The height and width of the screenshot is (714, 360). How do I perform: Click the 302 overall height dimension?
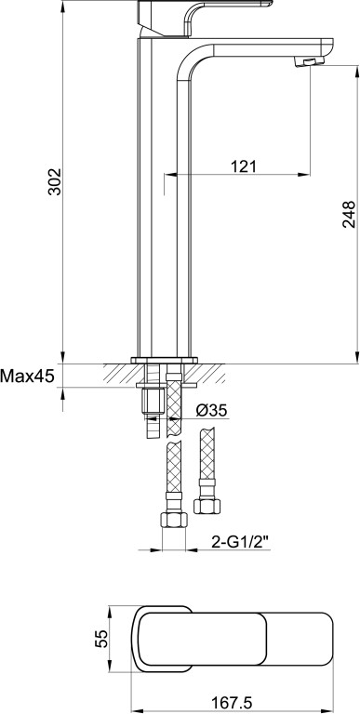click(x=55, y=181)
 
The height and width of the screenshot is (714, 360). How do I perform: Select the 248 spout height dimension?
click(x=349, y=214)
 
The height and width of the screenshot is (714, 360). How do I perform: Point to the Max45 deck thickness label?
click(x=27, y=377)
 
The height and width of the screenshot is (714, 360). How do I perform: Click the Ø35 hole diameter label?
click(x=211, y=410)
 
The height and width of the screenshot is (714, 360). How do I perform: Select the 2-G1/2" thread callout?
click(x=241, y=542)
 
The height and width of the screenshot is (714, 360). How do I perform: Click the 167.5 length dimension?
click(x=233, y=703)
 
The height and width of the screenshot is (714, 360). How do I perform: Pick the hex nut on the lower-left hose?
click(x=174, y=519)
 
